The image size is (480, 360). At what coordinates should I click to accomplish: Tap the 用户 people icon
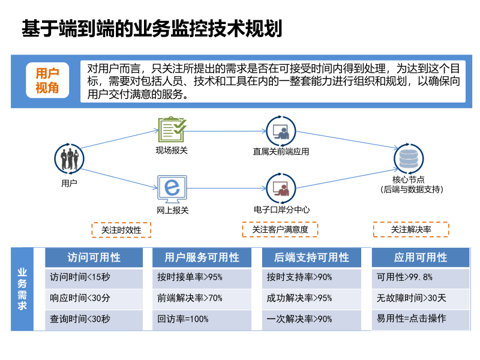70,158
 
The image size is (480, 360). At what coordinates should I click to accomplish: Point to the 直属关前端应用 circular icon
281,130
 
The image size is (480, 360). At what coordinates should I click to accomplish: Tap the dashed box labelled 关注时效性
121,230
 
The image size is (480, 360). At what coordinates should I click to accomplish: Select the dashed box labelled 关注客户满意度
280,229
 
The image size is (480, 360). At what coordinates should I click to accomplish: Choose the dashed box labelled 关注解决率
411,229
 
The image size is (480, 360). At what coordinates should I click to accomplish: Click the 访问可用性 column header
94,257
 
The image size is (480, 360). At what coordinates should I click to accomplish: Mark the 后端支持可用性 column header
312,257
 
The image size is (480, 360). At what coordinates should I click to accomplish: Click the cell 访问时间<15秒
94,278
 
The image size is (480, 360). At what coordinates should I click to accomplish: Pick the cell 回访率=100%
203,319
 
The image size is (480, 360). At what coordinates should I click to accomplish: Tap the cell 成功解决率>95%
312,298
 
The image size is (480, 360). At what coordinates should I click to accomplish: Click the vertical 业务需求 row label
22,288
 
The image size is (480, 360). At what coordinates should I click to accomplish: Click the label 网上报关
173,210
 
